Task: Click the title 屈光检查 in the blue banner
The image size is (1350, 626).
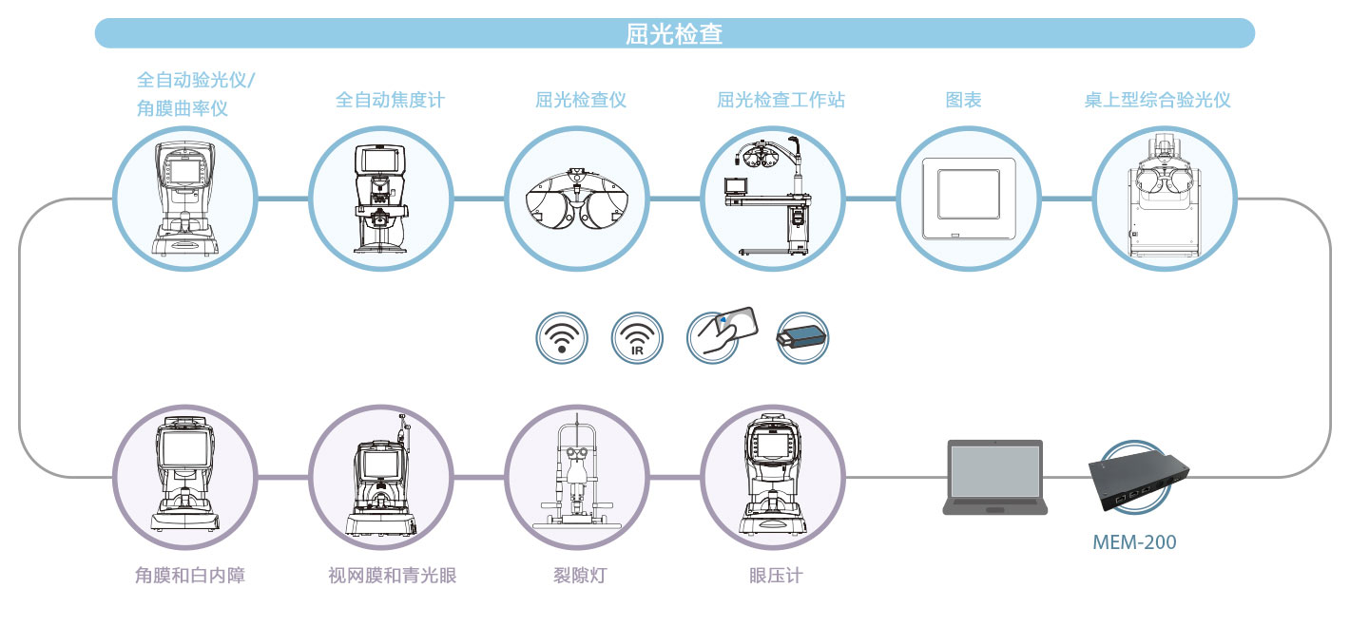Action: [674, 34]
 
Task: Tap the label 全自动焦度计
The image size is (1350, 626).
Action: [390, 99]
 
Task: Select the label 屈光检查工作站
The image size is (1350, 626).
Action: [781, 99]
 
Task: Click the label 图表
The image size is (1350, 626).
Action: [963, 99]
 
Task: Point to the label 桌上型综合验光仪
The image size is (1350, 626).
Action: [1157, 99]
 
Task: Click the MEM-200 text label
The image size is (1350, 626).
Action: [1133, 543]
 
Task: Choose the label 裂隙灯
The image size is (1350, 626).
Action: [575, 576]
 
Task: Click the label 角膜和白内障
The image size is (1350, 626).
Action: [183, 576]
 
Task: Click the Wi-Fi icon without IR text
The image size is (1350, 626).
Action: [562, 337]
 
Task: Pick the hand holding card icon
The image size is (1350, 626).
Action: [722, 333]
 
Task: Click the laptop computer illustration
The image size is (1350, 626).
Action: [994, 477]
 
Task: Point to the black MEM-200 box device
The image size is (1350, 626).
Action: [1139, 484]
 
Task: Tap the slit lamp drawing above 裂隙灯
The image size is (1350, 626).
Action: [575, 475]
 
